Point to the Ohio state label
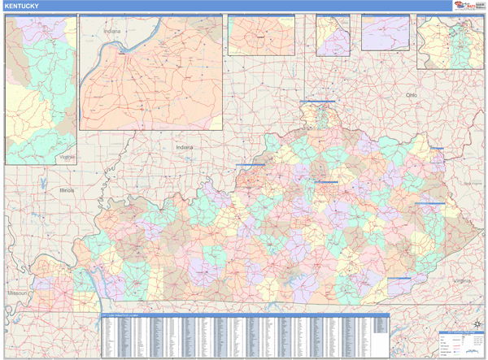click(x=412, y=95)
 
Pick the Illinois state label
click(x=66, y=189)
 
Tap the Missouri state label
click(x=16, y=292)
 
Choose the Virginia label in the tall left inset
click(x=67, y=156)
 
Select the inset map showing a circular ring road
click(x=260, y=35)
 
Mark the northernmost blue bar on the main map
click(x=317, y=101)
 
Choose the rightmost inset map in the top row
click(x=450, y=42)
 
